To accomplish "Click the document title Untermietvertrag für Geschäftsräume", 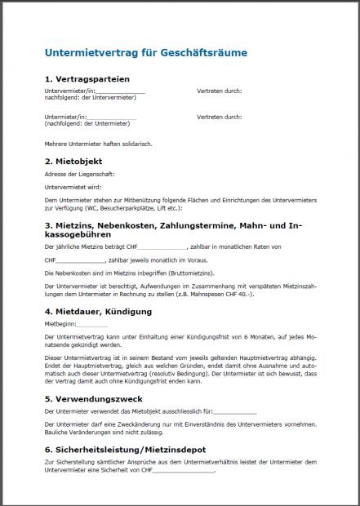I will tap(145, 53).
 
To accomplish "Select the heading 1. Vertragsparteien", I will tap(87, 79).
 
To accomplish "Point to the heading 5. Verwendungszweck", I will tap(93, 400).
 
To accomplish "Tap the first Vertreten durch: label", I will tap(219, 91).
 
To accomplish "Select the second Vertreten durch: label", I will tap(219, 118).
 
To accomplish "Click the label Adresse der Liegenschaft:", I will tap(79, 174).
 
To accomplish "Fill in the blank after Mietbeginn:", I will tap(92, 324).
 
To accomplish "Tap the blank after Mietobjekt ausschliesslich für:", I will tap(234, 412).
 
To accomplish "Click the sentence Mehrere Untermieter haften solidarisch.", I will tap(99, 144).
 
